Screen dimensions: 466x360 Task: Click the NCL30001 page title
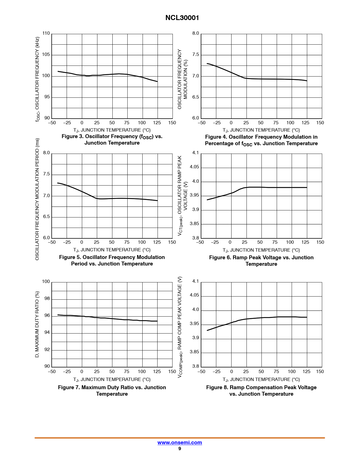click(x=182, y=18)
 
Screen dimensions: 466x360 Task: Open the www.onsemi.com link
click(x=180, y=443)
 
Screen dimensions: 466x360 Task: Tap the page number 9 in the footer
click(x=180, y=448)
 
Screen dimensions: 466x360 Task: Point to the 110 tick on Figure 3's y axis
click(x=46, y=33)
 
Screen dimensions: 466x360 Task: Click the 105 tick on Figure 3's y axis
click(x=46, y=55)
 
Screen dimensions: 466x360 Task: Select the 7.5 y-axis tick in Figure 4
click(x=196, y=55)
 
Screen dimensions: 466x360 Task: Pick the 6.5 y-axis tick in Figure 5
click(x=46, y=217)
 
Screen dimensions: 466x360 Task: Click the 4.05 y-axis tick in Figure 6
click(x=194, y=167)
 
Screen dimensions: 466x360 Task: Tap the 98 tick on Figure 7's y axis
click(x=47, y=299)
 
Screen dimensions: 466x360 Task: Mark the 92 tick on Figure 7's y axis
click(x=47, y=350)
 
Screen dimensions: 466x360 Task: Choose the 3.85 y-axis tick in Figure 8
click(x=194, y=352)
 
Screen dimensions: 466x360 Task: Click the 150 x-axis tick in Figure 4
click(x=320, y=123)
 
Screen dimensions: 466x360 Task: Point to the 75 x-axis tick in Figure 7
click(x=127, y=371)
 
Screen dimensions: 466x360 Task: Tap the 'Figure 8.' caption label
click(x=217, y=387)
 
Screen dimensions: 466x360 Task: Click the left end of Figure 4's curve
click(x=207, y=64)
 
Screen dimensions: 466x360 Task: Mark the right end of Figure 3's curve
click(x=157, y=82)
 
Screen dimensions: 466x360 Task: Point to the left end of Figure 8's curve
click(x=207, y=330)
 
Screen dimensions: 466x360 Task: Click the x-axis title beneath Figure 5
click(x=112, y=250)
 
